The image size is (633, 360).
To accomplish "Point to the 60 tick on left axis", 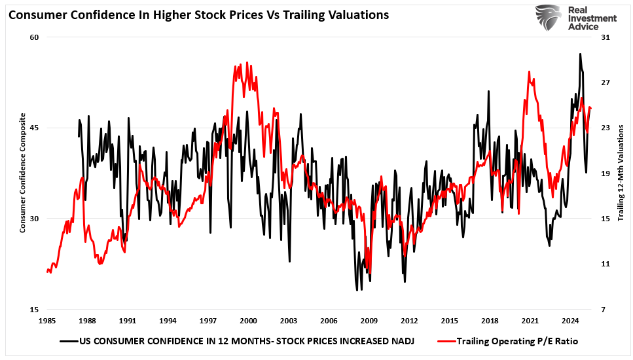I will (34, 37).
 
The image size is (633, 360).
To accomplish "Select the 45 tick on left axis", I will (34, 128).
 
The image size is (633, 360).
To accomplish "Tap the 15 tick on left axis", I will (34, 309).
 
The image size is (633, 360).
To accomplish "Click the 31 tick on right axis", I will (604, 37).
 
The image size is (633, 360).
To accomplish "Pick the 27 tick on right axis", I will (604, 82).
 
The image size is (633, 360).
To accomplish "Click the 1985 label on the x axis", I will (47, 321).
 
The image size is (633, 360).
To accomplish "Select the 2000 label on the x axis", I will (248, 321).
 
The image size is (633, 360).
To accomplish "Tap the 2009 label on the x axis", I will (369, 321).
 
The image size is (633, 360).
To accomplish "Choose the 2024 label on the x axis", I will (570, 321).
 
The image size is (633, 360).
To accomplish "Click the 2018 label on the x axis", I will (490, 321).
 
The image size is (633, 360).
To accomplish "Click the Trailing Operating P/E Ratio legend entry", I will (511, 341).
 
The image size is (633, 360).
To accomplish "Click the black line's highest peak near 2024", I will (579, 54).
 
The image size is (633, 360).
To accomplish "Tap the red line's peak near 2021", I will (529, 71).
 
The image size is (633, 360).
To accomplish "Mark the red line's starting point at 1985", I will (47, 271).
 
